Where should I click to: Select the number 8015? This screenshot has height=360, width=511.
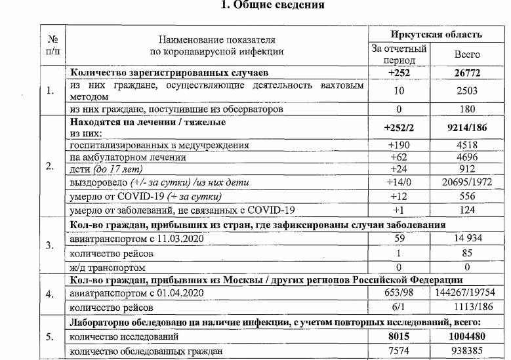tap(399, 336)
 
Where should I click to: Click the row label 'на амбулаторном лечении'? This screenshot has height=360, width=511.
tap(122, 157)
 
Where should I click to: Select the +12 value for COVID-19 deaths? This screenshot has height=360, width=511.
tap(399, 195)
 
